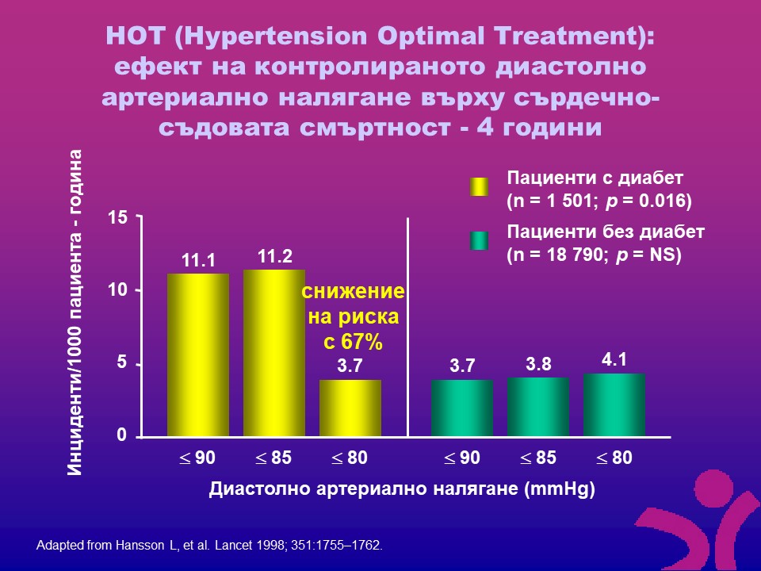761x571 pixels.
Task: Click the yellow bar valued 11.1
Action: click(x=197, y=354)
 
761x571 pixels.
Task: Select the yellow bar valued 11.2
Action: click(x=273, y=353)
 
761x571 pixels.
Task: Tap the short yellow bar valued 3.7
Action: click(x=350, y=408)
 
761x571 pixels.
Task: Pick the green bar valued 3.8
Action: click(x=537, y=406)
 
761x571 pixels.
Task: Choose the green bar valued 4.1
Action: click(x=614, y=404)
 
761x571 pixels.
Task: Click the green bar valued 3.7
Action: click(x=461, y=408)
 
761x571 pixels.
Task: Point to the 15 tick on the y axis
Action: click(x=117, y=217)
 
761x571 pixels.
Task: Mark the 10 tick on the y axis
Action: click(x=117, y=290)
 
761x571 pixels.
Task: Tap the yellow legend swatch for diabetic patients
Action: click(x=479, y=187)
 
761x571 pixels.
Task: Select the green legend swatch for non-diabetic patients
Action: click(x=479, y=241)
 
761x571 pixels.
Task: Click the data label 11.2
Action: click(x=275, y=256)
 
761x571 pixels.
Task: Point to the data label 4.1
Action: click(x=614, y=359)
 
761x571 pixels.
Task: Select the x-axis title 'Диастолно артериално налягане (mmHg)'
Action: click(x=402, y=489)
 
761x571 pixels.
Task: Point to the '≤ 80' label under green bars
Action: click(x=614, y=458)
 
